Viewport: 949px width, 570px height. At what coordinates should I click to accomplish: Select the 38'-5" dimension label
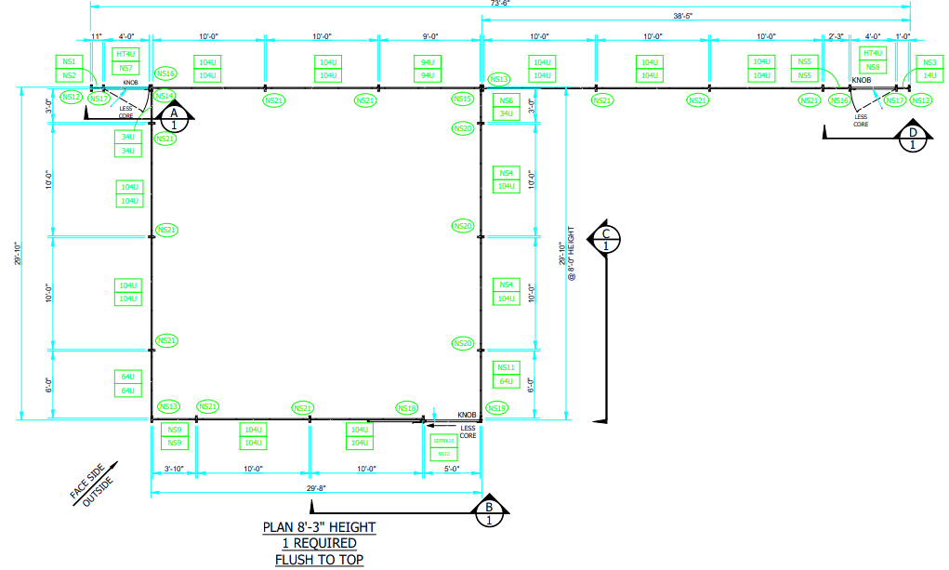(x=694, y=16)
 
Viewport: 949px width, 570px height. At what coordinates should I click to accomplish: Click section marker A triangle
(x=173, y=116)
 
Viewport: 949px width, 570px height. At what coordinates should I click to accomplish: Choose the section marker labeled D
(x=913, y=137)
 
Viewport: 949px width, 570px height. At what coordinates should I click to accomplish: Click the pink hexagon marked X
(x=107, y=111)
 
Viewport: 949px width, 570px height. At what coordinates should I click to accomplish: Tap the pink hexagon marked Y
(x=432, y=401)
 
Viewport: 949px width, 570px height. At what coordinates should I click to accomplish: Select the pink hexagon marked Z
(x=885, y=114)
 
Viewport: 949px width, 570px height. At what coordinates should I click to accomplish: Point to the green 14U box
(x=929, y=74)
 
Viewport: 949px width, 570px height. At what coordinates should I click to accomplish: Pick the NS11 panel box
(x=506, y=368)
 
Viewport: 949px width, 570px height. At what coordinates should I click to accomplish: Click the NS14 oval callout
(x=164, y=96)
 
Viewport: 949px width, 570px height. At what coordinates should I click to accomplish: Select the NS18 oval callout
(x=406, y=408)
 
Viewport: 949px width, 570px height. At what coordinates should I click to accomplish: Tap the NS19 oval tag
(x=496, y=408)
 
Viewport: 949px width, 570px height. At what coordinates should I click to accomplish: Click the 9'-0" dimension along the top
(x=429, y=36)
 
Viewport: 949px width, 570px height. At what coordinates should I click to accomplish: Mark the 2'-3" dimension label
(x=836, y=36)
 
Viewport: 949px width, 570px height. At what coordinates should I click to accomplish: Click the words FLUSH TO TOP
(x=319, y=560)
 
